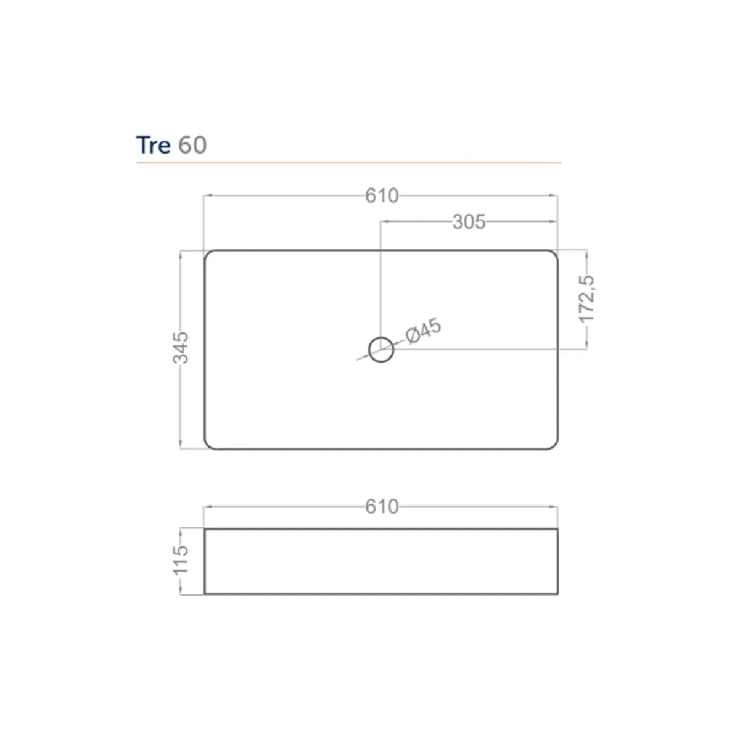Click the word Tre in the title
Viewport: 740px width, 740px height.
tap(153, 145)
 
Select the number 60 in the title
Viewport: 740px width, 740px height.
tap(193, 145)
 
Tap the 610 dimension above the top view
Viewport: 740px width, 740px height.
tap(382, 196)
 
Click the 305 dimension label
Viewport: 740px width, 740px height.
tap(469, 222)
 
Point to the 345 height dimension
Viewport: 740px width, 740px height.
tap(181, 348)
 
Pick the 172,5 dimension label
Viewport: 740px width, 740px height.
tap(586, 299)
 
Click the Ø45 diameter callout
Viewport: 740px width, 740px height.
tap(424, 331)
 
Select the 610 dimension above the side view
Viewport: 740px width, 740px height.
tap(382, 507)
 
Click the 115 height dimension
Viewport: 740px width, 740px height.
tap(181, 561)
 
